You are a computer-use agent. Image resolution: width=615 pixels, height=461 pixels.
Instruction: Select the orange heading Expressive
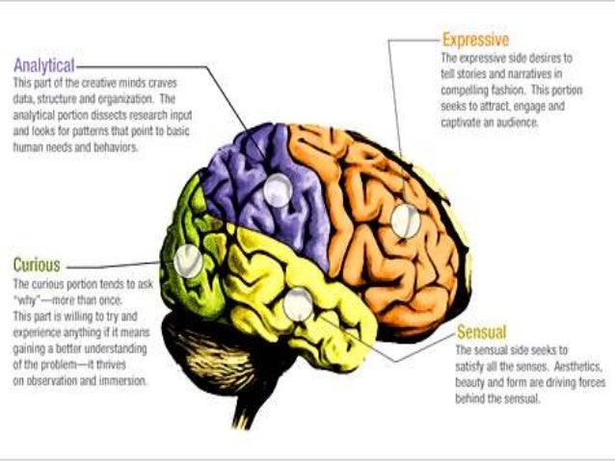[x=475, y=39]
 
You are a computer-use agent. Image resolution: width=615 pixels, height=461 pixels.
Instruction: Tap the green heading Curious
[x=37, y=264]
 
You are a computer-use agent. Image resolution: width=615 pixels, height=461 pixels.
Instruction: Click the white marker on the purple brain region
[x=277, y=192]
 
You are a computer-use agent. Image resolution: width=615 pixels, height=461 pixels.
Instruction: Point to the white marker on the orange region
[x=405, y=221]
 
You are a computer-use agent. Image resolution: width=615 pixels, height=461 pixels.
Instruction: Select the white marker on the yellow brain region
[x=298, y=304]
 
